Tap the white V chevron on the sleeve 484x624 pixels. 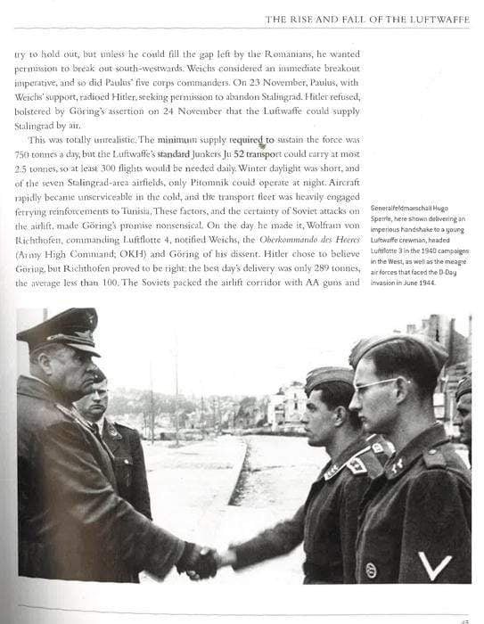coord(435,563)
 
